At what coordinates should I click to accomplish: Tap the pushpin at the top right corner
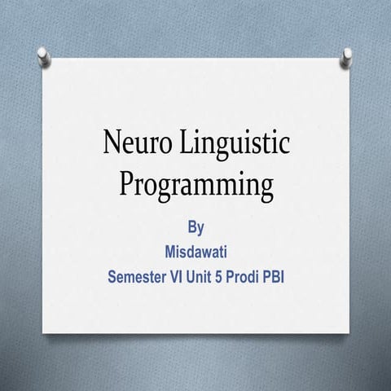coord(347,55)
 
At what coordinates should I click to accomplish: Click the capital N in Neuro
coord(112,145)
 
